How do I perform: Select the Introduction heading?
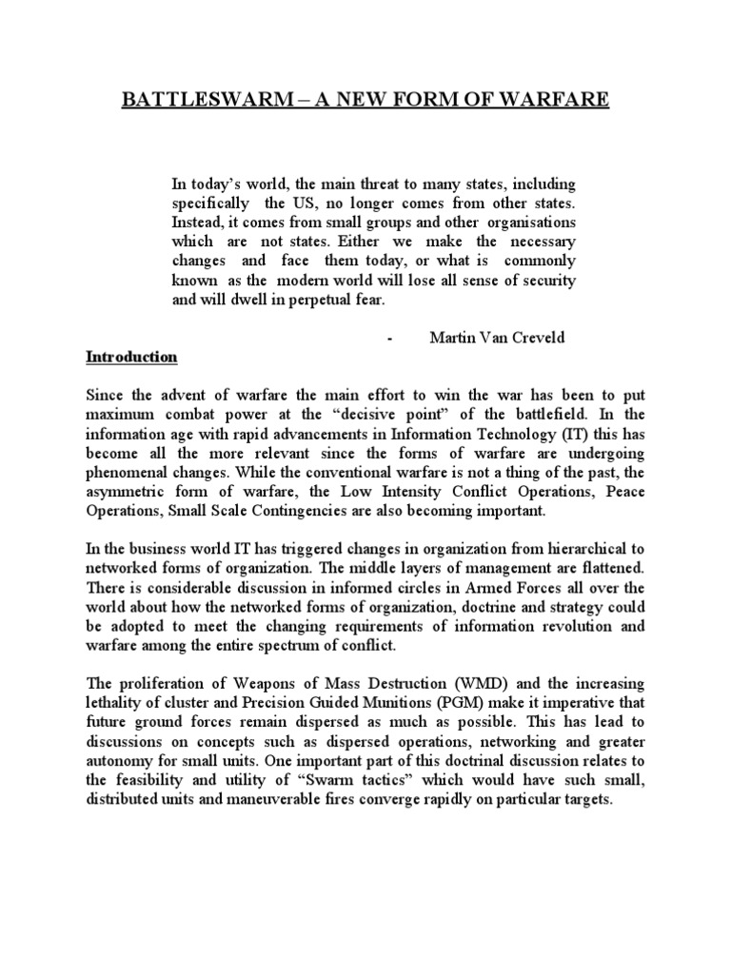coord(131,358)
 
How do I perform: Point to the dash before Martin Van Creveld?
coord(391,339)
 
